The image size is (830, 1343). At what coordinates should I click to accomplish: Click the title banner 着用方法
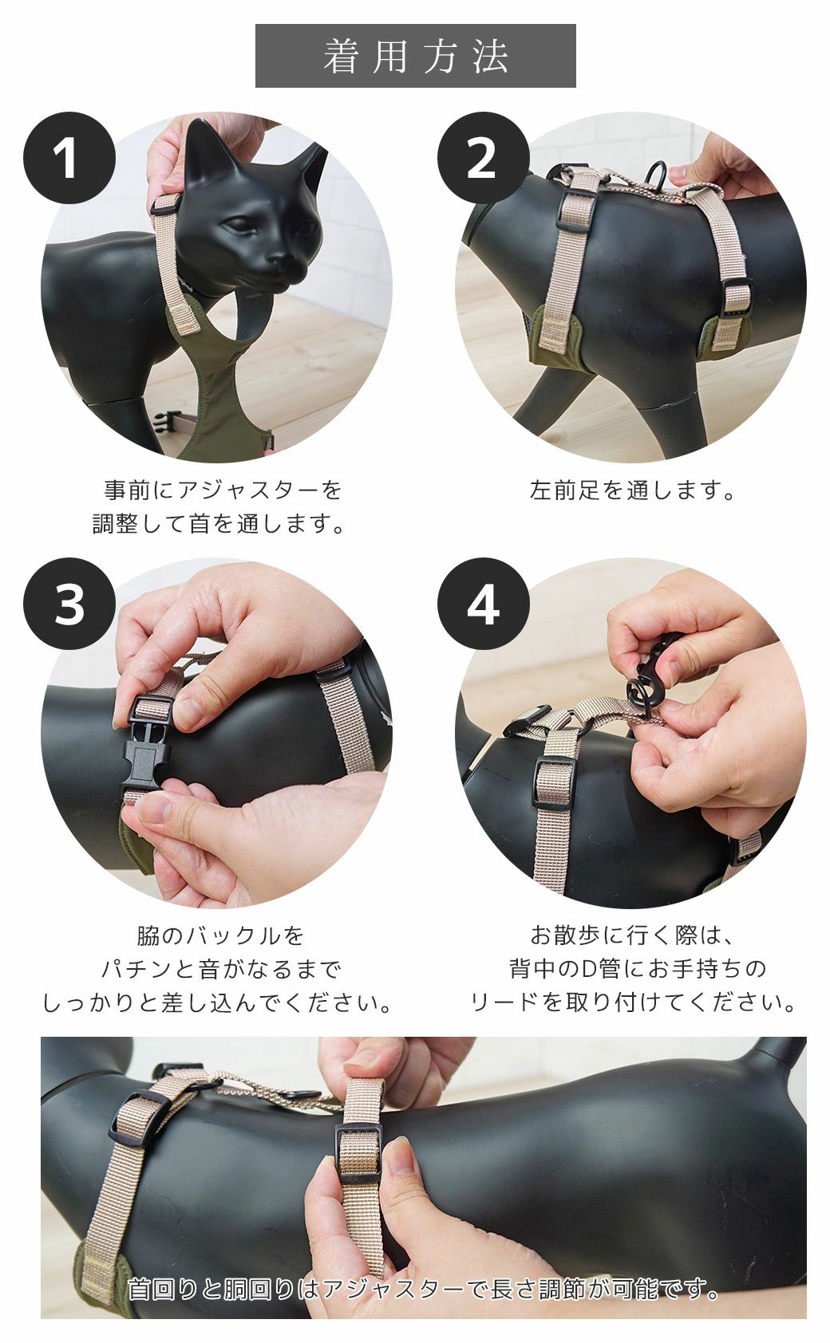[x=415, y=56]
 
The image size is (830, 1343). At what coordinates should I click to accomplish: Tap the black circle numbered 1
[x=69, y=158]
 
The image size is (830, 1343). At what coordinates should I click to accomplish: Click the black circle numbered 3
[x=69, y=604]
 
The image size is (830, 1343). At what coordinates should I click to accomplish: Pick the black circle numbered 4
[x=483, y=604]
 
